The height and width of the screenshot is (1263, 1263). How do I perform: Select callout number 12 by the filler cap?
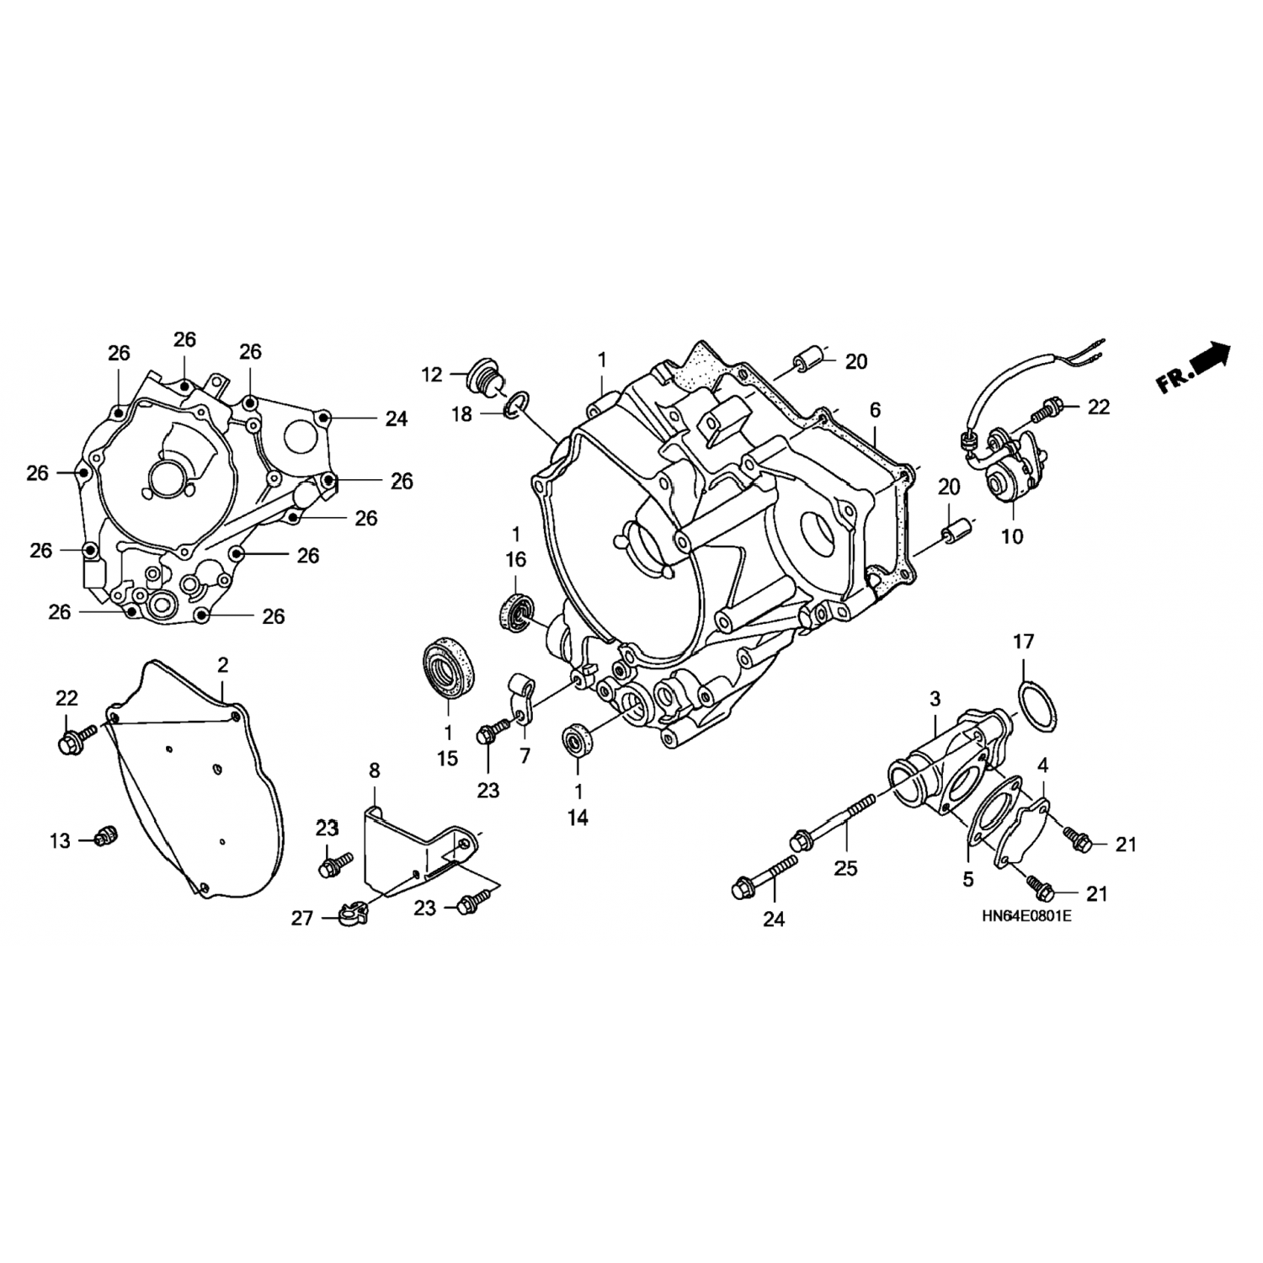click(x=432, y=375)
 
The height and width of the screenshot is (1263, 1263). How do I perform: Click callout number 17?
click(x=1022, y=642)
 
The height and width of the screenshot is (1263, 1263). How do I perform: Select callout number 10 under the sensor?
click(x=1011, y=536)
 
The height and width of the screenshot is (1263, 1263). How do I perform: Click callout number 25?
click(x=845, y=867)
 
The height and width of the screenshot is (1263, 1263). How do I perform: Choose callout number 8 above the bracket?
click(x=375, y=770)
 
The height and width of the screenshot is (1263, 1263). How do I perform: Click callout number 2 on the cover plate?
click(x=222, y=665)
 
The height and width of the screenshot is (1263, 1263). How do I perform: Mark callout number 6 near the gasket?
click(x=876, y=410)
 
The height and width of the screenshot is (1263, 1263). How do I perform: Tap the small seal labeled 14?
click(x=578, y=740)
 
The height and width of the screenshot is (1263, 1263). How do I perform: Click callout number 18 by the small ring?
click(x=461, y=415)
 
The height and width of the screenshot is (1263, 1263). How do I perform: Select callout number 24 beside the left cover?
click(x=397, y=418)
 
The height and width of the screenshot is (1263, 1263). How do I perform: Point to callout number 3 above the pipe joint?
click(x=935, y=698)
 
